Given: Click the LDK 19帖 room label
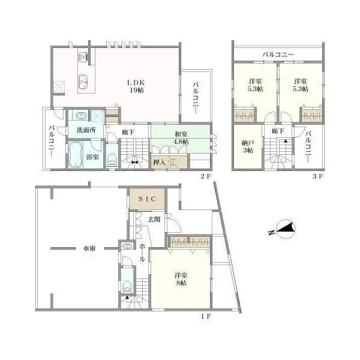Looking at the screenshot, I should (135, 86).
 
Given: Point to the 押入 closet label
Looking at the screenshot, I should (159, 162).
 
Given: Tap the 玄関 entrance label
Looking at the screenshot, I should (153, 220).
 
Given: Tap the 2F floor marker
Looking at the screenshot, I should (206, 176).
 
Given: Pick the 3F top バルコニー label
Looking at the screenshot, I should (278, 55).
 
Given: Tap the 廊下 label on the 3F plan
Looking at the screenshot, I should (277, 131).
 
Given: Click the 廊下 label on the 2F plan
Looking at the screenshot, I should (128, 131).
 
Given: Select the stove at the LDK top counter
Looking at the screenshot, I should (83, 57).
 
